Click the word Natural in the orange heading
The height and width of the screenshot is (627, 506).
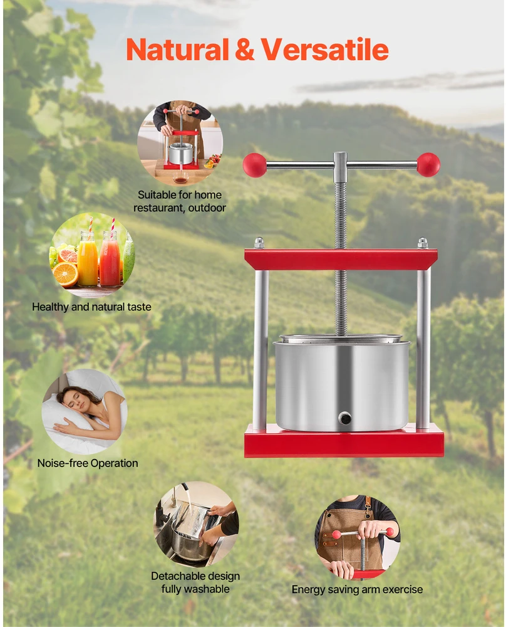(x=177, y=50)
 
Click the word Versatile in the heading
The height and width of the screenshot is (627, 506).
(x=324, y=50)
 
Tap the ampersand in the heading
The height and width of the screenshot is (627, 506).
(x=244, y=50)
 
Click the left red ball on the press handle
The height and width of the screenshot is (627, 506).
(x=254, y=165)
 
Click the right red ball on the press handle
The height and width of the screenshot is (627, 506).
(x=428, y=165)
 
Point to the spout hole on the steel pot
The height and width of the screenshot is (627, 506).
(x=345, y=418)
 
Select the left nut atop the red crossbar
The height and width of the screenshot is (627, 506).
(x=259, y=243)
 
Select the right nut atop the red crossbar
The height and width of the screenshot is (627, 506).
(x=423, y=243)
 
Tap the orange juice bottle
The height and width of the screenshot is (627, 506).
(x=88, y=258)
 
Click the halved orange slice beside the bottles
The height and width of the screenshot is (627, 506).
(x=65, y=275)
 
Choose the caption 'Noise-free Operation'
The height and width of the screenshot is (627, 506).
(x=88, y=463)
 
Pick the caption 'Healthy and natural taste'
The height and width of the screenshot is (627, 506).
(x=92, y=307)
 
